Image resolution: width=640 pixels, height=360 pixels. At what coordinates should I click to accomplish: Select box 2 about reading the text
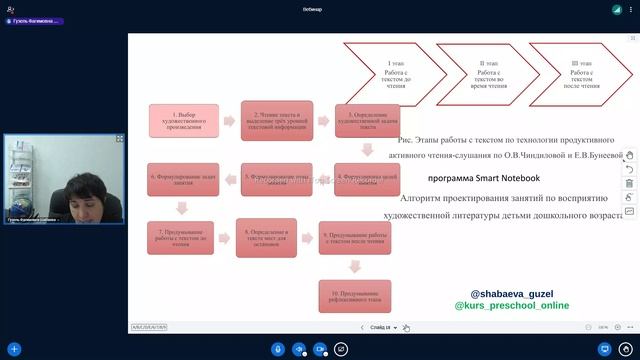(277, 121)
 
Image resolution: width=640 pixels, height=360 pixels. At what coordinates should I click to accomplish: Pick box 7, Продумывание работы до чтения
(182, 236)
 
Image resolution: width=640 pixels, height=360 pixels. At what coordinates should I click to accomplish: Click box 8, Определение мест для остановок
(267, 236)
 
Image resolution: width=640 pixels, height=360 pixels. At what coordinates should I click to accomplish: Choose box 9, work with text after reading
(354, 236)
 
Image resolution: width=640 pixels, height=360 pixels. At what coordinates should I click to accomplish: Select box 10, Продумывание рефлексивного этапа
(354, 295)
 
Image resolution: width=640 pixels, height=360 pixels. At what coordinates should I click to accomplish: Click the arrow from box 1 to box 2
(229, 122)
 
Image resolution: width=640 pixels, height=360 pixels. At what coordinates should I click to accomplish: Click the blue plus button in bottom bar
(14, 349)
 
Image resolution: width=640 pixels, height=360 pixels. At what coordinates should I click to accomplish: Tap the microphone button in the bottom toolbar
(278, 349)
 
